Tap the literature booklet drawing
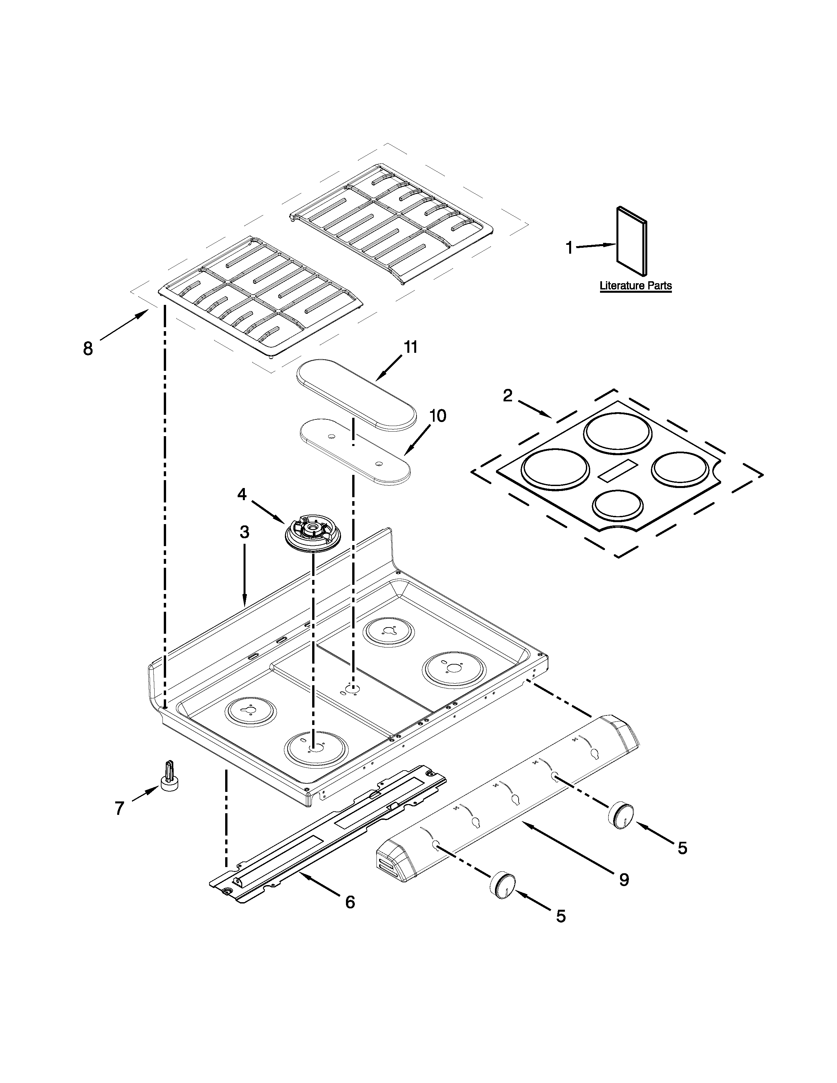point(631,241)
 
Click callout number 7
point(119,808)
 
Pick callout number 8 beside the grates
point(88,349)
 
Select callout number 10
point(437,415)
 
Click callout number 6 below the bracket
point(350,902)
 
